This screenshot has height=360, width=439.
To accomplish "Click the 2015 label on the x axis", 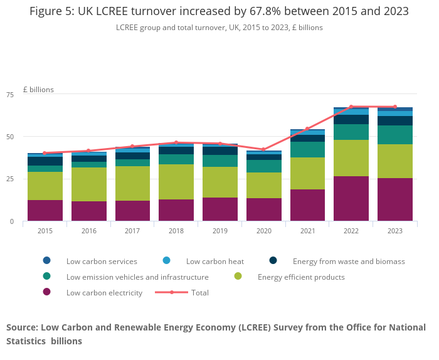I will [45, 231].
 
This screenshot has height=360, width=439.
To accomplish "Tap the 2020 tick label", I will [263, 231].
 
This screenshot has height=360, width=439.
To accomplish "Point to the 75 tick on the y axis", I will [9, 95].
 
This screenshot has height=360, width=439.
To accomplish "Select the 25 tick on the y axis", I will [9, 179].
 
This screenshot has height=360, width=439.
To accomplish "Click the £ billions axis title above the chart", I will [38, 90].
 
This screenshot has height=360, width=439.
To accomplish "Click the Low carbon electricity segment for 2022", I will [351, 198].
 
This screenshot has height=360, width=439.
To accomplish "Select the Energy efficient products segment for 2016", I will [88, 184].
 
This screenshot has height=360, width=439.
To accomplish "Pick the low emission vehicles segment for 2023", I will [395, 135].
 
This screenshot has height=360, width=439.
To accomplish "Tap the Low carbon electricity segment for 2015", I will [45, 210].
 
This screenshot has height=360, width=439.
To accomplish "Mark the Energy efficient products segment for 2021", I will [307, 173].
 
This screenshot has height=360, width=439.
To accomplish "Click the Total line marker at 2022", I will [351, 107].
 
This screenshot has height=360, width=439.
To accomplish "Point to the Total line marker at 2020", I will [263, 150].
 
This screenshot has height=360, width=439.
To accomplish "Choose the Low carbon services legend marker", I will [46, 261].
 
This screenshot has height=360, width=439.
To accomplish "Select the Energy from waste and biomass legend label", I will [349, 261].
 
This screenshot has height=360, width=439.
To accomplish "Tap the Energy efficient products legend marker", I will [238, 277].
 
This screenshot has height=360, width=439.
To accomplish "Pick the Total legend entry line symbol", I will [171, 292].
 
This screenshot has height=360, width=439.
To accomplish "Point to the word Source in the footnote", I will [22, 327].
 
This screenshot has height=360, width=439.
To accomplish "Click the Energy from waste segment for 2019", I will [219, 151].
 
